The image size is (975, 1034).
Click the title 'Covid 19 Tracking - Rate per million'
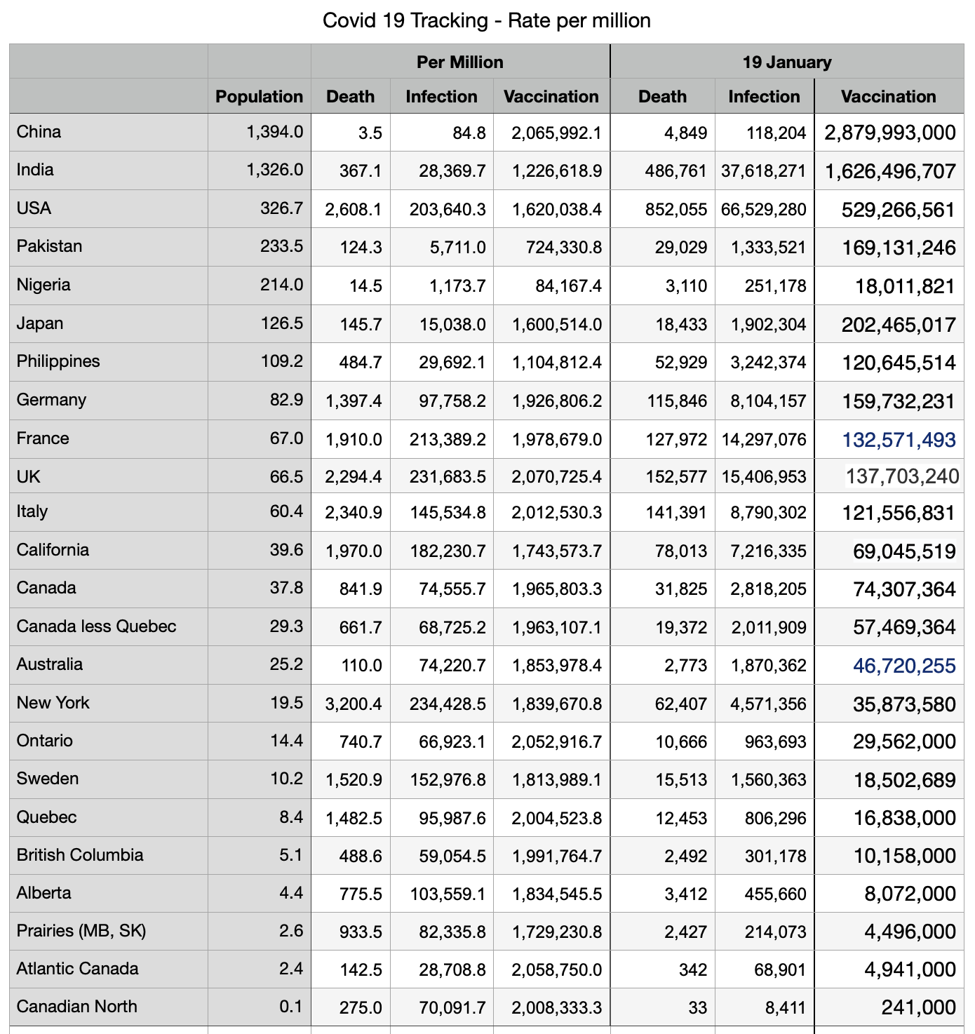coord(486,20)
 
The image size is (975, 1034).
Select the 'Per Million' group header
coord(459,62)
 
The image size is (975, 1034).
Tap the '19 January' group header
coord(786,62)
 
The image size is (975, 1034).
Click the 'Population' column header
coord(259,96)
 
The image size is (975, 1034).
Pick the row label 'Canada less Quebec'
coord(96,626)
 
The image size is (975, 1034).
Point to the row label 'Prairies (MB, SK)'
coord(81,930)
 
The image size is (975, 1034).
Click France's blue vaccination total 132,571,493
coord(899,439)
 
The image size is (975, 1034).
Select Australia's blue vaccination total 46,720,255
coord(904,665)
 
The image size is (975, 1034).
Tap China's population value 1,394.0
coord(274,132)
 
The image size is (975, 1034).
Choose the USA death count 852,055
coord(675,209)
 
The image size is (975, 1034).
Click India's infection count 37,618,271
coord(763,170)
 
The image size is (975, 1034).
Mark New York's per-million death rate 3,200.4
coord(354,703)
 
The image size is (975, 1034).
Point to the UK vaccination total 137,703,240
coord(901,477)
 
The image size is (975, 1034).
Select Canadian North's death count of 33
coord(697,1007)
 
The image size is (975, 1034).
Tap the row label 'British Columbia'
coord(80,854)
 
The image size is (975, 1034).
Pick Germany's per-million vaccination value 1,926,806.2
coord(556,401)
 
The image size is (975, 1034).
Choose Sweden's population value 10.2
coord(286,779)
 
